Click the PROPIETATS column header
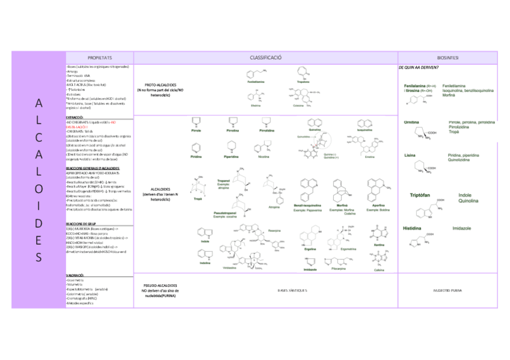click(x=99, y=57)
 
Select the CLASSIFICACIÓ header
click(x=265, y=57)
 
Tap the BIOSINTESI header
click(x=447, y=57)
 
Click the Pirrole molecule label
click(x=196, y=130)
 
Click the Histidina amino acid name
click(x=412, y=228)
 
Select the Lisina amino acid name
click(x=411, y=155)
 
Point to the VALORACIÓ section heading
click(x=75, y=274)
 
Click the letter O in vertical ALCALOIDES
click(x=38, y=188)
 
